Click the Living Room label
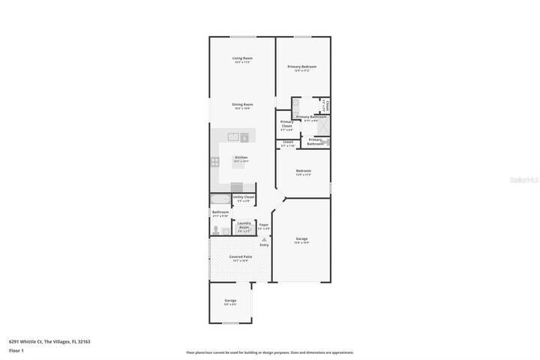click(241, 58)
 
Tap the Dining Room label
click(241, 105)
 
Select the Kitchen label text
click(241, 157)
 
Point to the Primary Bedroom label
click(302, 67)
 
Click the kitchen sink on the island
click(233, 137)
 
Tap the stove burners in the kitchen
click(215, 161)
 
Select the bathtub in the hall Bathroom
click(220, 199)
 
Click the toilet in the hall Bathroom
click(214, 231)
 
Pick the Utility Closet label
click(244, 197)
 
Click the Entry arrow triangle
click(264, 239)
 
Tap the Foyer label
click(264, 225)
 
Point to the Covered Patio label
click(240, 257)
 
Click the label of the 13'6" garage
click(301, 239)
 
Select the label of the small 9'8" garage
click(230, 301)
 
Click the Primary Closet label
click(286, 124)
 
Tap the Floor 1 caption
click(16, 350)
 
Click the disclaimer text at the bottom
click(269, 352)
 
